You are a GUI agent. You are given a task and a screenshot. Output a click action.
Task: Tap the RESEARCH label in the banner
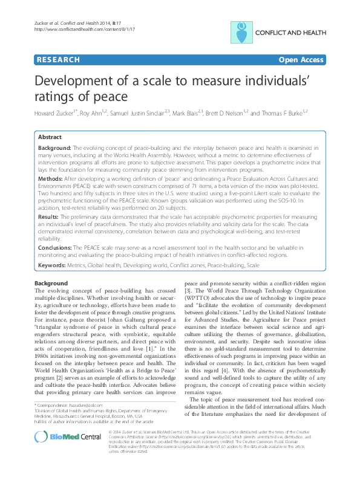click(57, 60)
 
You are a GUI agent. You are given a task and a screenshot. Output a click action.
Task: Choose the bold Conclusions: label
click(55, 248)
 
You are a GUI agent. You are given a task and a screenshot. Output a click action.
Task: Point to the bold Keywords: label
click(53, 265)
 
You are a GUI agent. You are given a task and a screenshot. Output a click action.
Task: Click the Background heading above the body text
click(51, 283)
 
